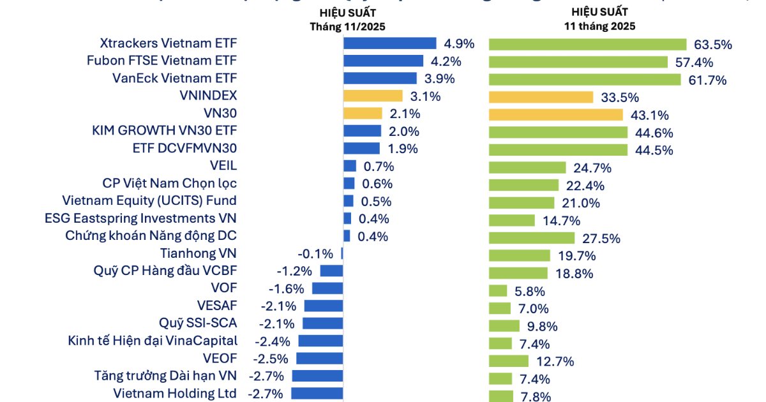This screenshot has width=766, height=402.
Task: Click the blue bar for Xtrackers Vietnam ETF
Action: (389, 43)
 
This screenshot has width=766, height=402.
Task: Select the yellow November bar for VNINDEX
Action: (373, 96)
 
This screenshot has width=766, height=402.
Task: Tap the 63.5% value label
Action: (712, 45)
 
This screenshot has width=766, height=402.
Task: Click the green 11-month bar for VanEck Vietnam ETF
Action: (585, 80)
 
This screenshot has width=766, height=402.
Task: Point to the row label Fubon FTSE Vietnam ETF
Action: (161, 61)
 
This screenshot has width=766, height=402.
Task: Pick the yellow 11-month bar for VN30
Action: (555, 115)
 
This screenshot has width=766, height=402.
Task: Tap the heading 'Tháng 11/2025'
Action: (348, 27)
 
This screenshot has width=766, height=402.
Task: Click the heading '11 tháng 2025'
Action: (599, 27)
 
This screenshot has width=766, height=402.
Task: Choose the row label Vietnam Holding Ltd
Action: (175, 393)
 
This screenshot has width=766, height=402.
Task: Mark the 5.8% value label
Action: (530, 292)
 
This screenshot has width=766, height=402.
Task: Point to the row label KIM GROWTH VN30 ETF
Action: (164, 131)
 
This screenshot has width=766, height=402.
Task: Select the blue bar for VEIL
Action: (350, 167)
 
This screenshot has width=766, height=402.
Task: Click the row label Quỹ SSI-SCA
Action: (198, 323)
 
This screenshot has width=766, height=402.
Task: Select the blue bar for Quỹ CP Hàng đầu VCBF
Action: (331, 271)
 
